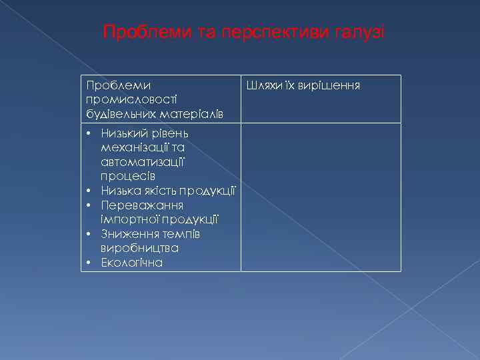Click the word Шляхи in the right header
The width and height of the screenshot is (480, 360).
(x=262, y=86)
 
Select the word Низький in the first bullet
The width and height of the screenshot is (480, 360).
(x=123, y=135)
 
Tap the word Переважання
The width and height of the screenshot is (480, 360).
(x=137, y=205)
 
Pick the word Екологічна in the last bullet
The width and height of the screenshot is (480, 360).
(x=131, y=262)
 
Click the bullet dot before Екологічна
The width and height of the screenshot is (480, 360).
(x=89, y=263)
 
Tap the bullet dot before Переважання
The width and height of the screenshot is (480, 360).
(x=89, y=205)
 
